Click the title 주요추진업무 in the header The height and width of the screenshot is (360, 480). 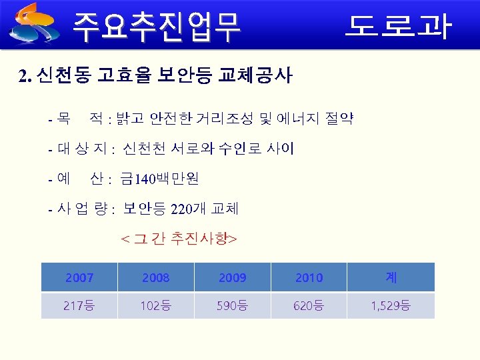[x=157, y=26]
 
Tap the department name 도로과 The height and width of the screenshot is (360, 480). [x=398, y=26]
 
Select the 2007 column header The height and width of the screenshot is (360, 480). [x=79, y=277]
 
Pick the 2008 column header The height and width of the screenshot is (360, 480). [x=156, y=277]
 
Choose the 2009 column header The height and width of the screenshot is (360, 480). [x=232, y=277]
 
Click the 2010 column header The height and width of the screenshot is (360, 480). [x=309, y=277]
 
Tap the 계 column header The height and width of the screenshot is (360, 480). [x=391, y=277]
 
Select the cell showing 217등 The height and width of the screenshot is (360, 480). [x=79, y=306]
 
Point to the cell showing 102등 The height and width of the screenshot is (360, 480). [x=156, y=306]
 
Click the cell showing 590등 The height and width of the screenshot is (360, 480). [x=232, y=306]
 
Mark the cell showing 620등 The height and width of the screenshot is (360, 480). [x=309, y=306]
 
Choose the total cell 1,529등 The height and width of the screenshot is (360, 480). [x=391, y=306]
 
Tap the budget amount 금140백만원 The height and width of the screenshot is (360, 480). [x=159, y=179]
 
